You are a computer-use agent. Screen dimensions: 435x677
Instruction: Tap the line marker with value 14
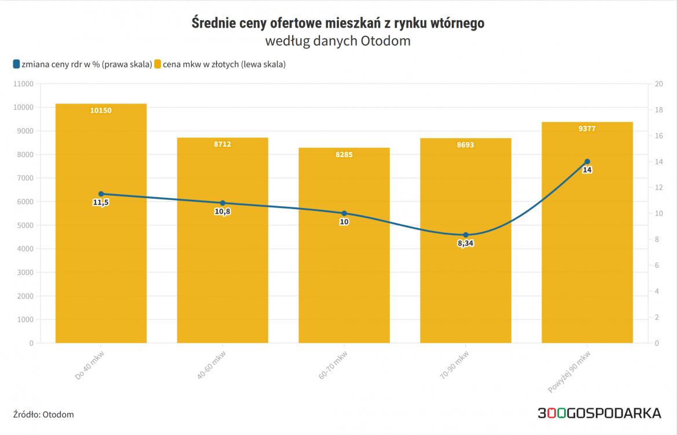[587, 162]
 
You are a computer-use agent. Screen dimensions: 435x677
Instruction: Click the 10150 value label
[101, 110]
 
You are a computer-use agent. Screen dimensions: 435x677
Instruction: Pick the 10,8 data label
[222, 212]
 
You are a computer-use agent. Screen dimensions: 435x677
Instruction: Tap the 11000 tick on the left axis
[23, 84]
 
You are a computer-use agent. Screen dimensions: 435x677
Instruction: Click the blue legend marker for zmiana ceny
[16, 64]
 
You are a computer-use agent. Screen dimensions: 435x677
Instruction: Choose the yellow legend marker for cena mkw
[157, 64]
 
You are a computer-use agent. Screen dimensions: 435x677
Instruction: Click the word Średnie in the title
[214, 24]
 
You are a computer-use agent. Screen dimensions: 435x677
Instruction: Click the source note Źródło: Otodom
[43, 414]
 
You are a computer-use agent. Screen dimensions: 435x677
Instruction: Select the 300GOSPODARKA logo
[599, 413]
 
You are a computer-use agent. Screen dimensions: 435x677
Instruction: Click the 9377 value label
[587, 129]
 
